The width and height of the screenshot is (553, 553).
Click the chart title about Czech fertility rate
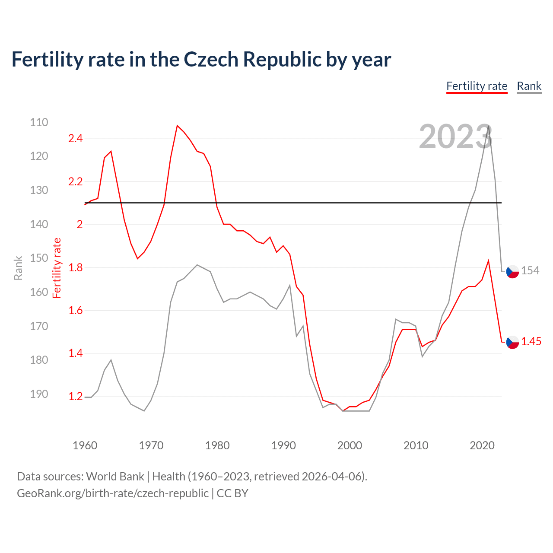(201, 60)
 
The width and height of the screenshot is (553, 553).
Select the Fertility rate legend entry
(477, 86)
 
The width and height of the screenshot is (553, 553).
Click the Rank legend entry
(529, 86)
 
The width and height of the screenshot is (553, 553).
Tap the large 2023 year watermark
(455, 137)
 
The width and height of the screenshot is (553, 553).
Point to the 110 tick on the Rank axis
(39, 122)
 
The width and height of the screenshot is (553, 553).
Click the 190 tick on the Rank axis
(39, 394)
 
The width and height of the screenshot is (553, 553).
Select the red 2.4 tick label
(75, 139)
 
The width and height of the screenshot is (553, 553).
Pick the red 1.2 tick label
(75, 396)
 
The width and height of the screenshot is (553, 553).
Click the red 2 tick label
(79, 224)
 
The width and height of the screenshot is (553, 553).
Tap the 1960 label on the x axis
(85, 445)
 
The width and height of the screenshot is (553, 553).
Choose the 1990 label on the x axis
(283, 445)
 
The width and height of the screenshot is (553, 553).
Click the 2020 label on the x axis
(482, 445)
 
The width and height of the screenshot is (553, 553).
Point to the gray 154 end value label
(530, 270)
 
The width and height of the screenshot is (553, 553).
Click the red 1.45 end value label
(531, 341)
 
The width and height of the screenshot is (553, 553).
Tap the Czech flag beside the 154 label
(512, 271)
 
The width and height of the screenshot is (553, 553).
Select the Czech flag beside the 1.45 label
(512, 342)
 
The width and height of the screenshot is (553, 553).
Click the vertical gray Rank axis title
(18, 268)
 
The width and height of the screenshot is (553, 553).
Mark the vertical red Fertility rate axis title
(57, 268)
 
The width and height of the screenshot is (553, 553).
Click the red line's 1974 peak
(177, 126)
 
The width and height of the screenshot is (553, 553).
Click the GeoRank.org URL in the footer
(113, 493)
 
